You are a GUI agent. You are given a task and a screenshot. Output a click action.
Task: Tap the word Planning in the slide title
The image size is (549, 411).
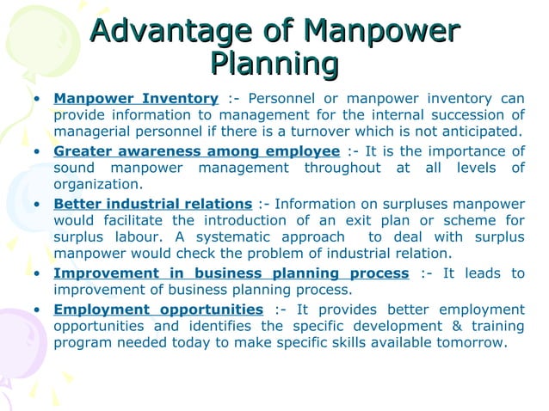coord(274,64)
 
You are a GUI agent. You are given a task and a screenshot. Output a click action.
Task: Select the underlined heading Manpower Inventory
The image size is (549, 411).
coord(136,98)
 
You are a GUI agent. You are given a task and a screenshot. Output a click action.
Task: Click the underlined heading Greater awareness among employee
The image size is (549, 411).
coord(196,152)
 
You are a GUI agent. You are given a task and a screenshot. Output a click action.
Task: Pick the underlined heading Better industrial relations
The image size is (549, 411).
coord(152,205)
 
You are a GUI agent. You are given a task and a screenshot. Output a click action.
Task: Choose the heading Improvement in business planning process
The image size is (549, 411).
coord(231,273)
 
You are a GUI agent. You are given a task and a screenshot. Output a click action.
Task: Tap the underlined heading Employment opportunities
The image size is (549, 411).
coord(158,310)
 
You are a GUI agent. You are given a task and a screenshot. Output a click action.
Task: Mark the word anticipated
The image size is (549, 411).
coord(483,132)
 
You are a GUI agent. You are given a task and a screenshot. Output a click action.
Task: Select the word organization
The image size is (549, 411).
coord(97,184)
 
